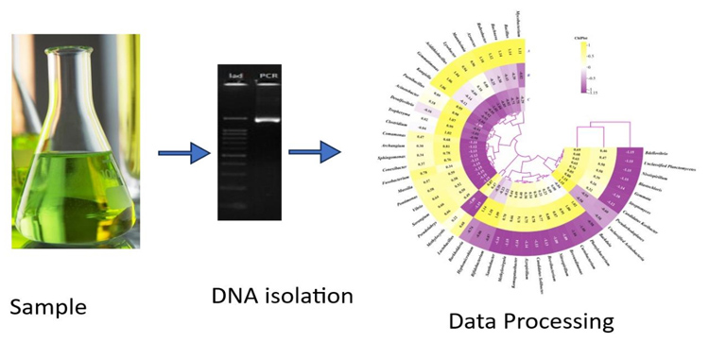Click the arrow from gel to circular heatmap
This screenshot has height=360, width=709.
[314, 150]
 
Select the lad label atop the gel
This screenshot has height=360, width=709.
[236, 75]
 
